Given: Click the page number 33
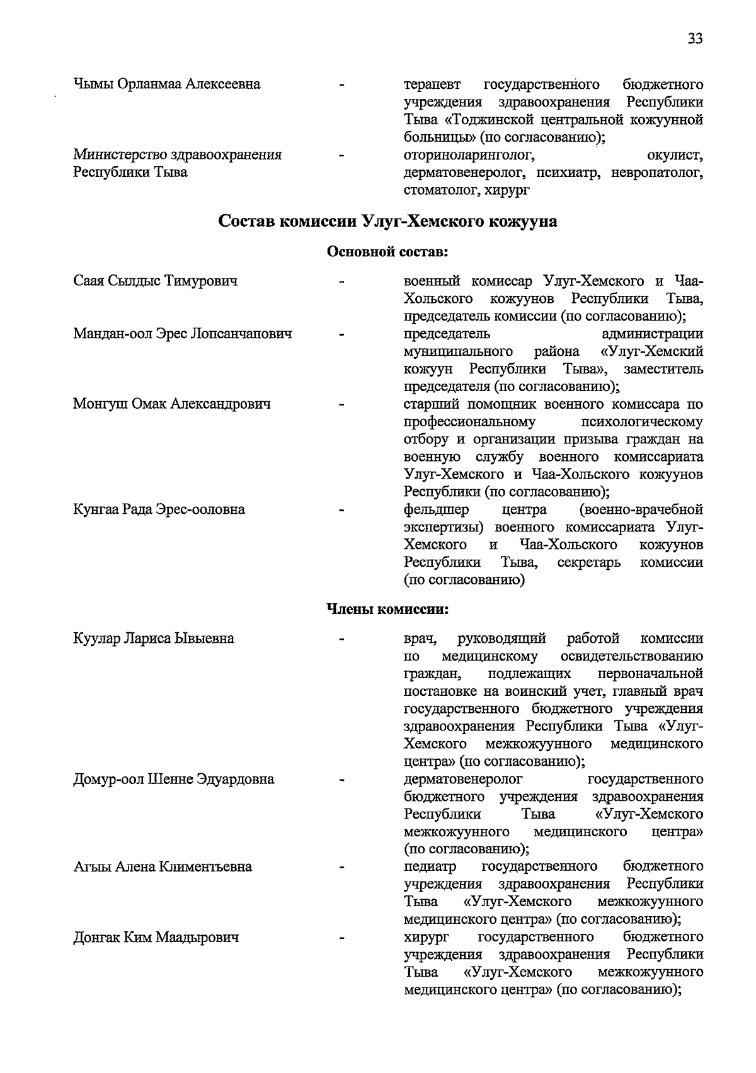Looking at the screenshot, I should [695, 39].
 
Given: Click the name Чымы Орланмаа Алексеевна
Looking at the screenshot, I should [167, 84].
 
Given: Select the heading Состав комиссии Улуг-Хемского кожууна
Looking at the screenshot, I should [387, 222].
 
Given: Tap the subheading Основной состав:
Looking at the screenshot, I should [387, 253].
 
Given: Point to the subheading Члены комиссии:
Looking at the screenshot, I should [387, 610].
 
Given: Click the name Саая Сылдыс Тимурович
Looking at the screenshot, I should [156, 281].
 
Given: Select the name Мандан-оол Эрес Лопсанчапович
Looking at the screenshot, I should [183, 334].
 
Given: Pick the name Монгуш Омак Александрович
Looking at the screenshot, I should [172, 404].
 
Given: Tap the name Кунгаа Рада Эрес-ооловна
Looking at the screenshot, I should [159, 509].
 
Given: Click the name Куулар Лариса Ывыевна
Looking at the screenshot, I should [154, 639].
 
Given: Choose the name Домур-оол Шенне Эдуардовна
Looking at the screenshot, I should [174, 780].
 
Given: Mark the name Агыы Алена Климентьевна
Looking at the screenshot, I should [163, 867].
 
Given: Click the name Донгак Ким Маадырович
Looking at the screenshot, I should [156, 938].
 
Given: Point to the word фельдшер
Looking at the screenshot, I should [437, 509].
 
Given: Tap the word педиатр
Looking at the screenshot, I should [430, 867].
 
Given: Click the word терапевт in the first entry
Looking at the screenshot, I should [432, 84].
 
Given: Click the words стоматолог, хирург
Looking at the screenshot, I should [467, 190].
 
